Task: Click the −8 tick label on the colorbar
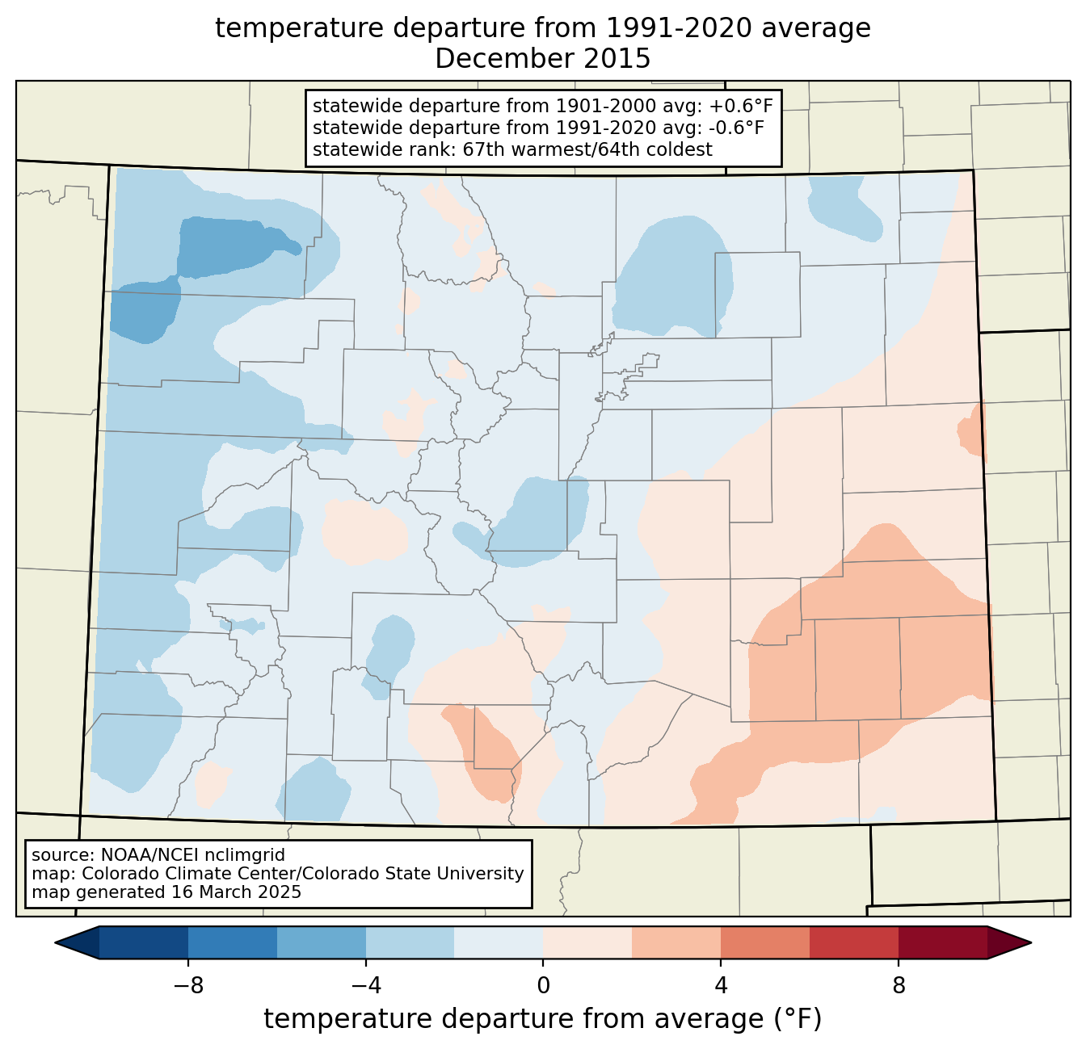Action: coord(188,986)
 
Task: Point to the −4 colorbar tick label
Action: coord(366,986)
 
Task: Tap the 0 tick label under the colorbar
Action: coord(543,986)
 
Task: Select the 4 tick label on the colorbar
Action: coord(721,986)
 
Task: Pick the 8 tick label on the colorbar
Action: coord(899,986)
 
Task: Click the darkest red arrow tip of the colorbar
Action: coord(1009,942)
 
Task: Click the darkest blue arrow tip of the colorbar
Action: coord(77,942)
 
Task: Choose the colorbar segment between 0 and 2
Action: coord(587,942)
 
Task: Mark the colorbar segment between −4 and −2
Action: coord(410,942)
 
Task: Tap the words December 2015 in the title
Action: coord(542,58)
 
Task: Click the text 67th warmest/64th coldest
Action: coord(587,149)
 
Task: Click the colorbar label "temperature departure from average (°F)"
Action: coord(542,1018)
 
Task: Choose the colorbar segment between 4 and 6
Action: coord(765,942)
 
